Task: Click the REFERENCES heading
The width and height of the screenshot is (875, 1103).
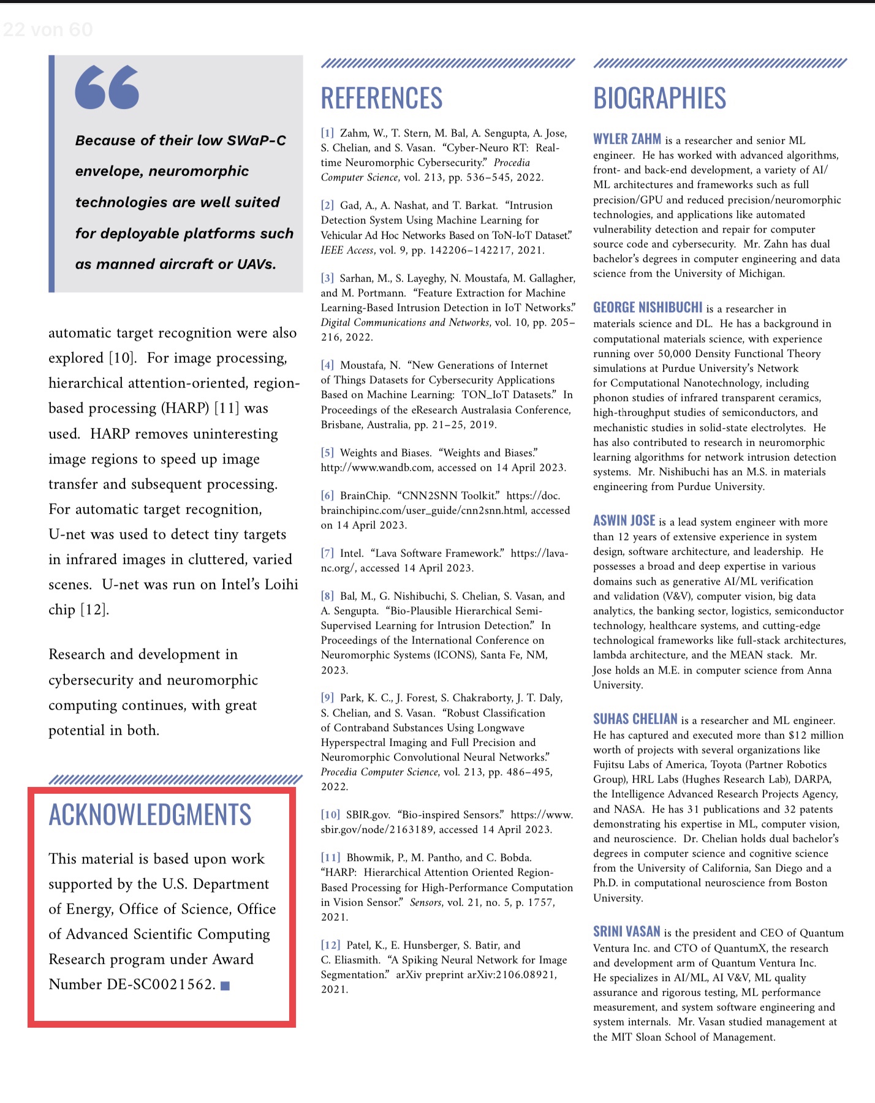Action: tap(381, 99)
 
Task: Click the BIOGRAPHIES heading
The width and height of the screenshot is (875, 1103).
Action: tap(659, 99)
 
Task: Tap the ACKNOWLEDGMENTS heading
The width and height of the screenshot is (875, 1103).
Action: tap(150, 815)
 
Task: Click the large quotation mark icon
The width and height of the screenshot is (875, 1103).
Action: tap(107, 87)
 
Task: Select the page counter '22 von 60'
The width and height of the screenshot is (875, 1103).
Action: tap(48, 29)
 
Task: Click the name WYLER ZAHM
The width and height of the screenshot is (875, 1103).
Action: tap(627, 139)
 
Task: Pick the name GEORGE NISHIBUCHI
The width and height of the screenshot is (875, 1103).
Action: tap(648, 307)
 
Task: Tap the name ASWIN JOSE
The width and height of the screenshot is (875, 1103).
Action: tap(624, 521)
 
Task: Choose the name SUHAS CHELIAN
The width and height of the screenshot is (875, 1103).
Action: tap(635, 719)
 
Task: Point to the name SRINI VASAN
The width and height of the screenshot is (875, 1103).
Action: tap(626, 932)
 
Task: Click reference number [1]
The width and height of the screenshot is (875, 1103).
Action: tap(327, 133)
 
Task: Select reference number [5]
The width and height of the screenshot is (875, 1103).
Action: tap(327, 453)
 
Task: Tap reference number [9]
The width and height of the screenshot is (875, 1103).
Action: tap(327, 698)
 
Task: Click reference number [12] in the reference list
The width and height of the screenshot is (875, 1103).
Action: tap(330, 945)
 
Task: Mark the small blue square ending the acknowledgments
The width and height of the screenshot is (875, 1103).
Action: tap(225, 985)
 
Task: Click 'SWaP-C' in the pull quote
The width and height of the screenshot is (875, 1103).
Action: tap(256, 140)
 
